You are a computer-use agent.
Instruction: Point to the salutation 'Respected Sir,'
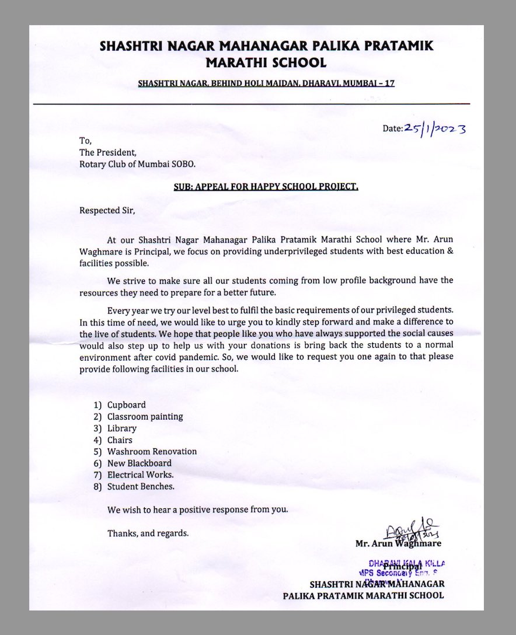click(107, 210)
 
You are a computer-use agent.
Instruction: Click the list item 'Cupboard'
click(126, 404)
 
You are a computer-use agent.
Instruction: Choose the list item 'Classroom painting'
click(145, 416)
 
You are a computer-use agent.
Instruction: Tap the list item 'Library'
click(121, 428)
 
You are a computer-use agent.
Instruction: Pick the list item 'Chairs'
click(120, 439)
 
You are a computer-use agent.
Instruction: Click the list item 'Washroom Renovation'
click(152, 451)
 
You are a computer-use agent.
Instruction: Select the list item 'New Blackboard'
click(140, 463)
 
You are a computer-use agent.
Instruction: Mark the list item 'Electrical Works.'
click(140, 474)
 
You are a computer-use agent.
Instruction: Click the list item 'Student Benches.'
click(141, 486)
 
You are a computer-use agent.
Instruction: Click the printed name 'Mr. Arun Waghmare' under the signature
click(398, 543)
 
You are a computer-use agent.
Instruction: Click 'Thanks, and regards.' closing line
click(148, 533)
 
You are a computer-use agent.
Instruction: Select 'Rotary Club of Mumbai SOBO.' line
click(138, 164)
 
